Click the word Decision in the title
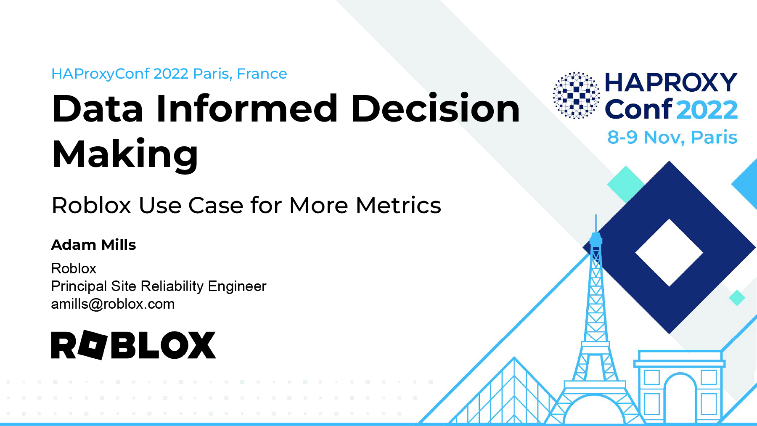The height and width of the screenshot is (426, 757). pos(435,108)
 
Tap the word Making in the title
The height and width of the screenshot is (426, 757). pos(125,155)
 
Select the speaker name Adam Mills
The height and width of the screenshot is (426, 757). pos(93,245)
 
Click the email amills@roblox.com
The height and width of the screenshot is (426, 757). pos(113,304)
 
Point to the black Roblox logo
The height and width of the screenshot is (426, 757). pos(133,345)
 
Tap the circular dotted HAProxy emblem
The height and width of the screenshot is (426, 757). pos(576,95)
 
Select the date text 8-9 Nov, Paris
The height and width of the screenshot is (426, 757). pos(672,137)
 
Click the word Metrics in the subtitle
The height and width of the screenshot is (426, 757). pos(398,205)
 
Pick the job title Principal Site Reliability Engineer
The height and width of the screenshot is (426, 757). pos(159,286)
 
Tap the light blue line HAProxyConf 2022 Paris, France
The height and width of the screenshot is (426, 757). pos(169,74)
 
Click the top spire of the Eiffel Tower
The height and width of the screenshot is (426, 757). pos(596,224)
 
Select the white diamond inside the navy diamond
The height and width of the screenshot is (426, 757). pos(669,253)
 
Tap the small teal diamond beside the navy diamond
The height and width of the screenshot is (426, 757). pos(737,298)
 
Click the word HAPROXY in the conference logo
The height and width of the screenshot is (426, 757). pos(671,82)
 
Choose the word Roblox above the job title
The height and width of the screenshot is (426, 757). pos(74,268)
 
